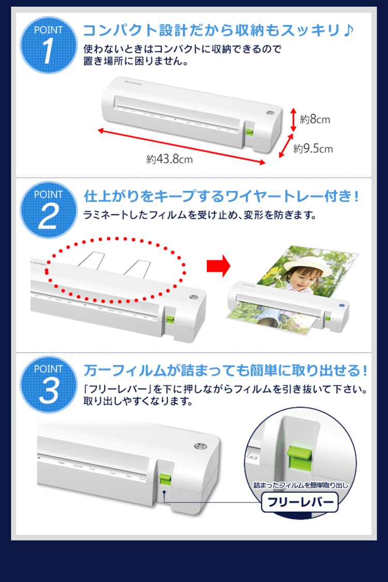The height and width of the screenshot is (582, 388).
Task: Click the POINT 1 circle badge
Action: (x=48, y=45)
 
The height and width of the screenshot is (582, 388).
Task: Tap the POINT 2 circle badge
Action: (x=48, y=210)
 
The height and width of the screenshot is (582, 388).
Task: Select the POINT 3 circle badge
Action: (x=48, y=384)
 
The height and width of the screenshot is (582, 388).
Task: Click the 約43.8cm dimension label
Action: (x=169, y=159)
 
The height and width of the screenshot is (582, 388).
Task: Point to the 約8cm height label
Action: (x=315, y=120)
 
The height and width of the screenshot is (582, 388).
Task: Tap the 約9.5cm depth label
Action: (x=313, y=149)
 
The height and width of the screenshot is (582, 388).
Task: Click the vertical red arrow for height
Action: (x=292, y=120)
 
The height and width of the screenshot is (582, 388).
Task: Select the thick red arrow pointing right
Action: (x=218, y=266)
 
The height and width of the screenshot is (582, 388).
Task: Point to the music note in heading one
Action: (x=348, y=30)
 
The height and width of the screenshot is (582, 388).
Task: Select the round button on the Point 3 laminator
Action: (x=199, y=446)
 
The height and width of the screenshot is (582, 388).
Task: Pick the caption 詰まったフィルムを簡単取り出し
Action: (x=301, y=485)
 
